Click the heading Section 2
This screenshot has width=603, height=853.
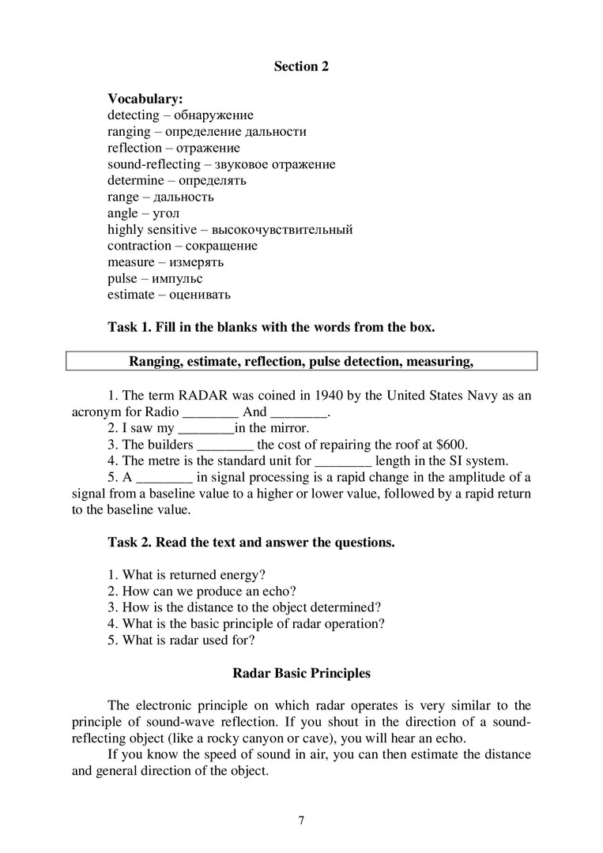point(301,67)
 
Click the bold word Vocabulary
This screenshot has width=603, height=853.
point(145,99)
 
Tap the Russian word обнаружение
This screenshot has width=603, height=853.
point(213,115)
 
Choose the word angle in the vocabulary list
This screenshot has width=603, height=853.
point(122,213)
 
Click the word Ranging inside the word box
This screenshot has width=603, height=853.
point(152,362)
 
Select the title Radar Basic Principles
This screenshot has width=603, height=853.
point(301,674)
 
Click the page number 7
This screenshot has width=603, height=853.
point(301,820)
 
